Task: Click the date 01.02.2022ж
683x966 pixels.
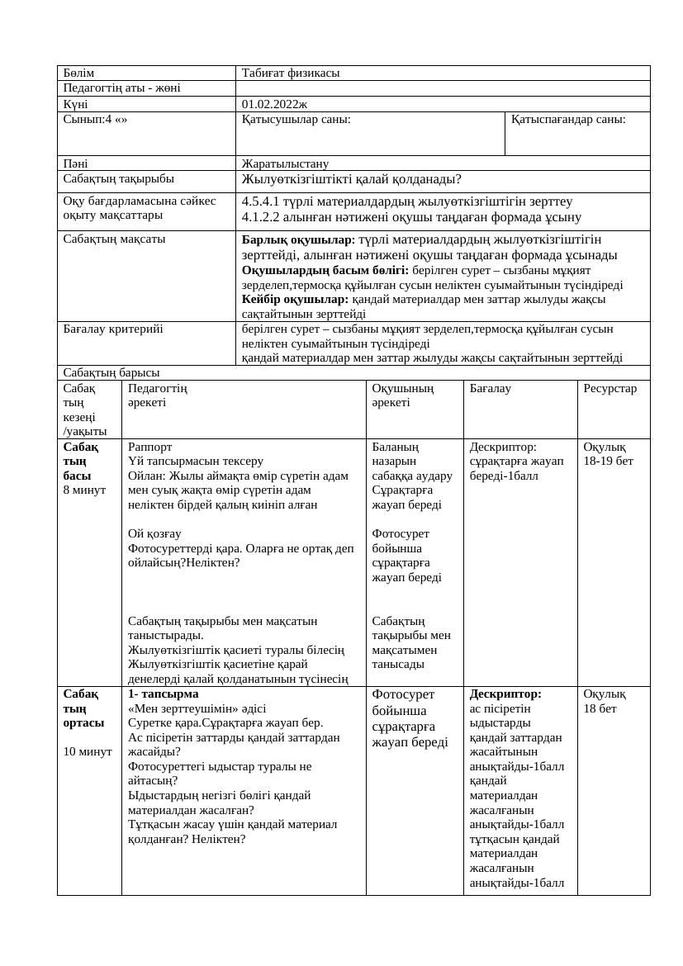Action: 274,104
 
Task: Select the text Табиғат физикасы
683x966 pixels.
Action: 291,73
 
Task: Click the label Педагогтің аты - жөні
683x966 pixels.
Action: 121,88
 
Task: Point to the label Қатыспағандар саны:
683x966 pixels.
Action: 568,120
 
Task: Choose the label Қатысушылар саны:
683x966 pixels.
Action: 296,120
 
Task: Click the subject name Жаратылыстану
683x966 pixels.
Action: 285,163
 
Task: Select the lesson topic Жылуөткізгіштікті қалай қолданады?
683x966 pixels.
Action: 351,179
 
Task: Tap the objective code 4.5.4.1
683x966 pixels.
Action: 264,201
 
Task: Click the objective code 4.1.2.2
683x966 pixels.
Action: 264,217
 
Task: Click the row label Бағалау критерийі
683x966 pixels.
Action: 113,329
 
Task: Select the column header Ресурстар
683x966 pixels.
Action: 609,388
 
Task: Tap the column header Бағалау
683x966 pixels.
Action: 490,388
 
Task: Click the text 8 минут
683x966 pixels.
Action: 84,490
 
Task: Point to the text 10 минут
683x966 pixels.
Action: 88,751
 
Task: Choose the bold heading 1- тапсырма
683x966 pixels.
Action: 164,694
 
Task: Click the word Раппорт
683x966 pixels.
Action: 150,447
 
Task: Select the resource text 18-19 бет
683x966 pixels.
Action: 608,462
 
